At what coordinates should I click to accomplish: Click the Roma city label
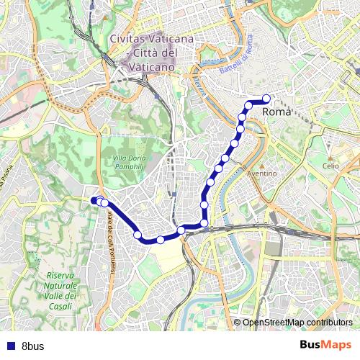(x=277, y=112)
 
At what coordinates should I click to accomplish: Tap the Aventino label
(x=262, y=174)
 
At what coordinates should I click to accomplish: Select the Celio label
(x=330, y=166)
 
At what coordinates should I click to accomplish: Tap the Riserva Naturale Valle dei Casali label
(x=60, y=291)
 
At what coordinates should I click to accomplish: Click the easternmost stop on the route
(x=266, y=99)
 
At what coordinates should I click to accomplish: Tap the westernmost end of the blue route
(x=94, y=200)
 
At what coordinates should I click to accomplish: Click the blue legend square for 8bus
(x=9, y=346)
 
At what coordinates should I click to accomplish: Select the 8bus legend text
(x=33, y=346)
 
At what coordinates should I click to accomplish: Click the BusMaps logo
(x=325, y=345)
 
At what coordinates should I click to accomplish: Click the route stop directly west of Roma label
(x=249, y=106)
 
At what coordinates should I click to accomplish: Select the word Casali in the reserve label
(x=60, y=306)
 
